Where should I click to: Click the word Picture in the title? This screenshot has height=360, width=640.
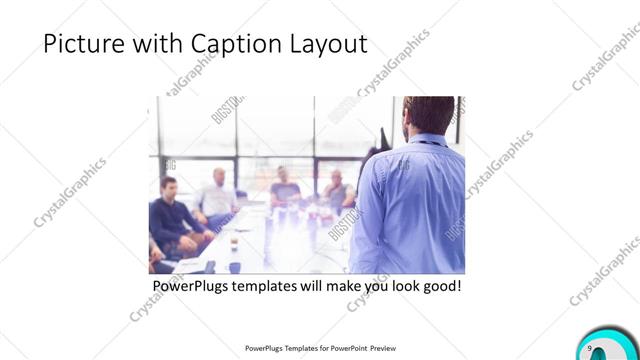pos(79,44)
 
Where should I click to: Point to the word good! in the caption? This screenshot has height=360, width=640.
pos(441,286)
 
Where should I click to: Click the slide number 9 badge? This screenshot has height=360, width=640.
pos(592,346)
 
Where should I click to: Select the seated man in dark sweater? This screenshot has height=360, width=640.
pos(171,215)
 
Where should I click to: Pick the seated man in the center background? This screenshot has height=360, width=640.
pos(284,188)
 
